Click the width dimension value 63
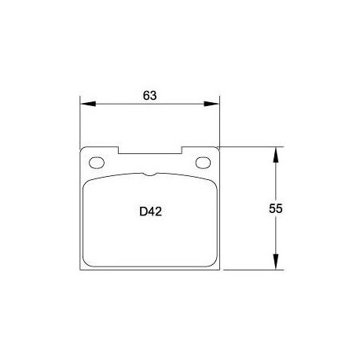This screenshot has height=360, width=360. point(150,95)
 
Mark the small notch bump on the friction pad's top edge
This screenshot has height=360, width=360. point(150,174)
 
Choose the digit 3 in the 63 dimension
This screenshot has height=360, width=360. point(154,95)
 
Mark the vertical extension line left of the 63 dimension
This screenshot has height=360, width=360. point(81,122)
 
